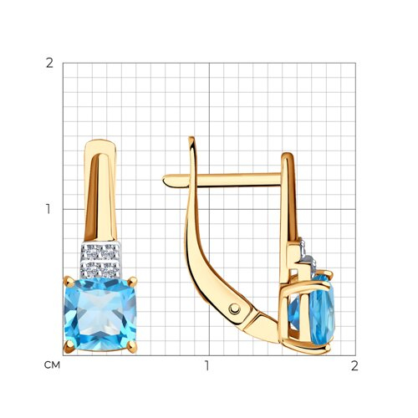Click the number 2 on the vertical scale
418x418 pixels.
49,64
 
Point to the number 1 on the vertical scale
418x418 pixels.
48,209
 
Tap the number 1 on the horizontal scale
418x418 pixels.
206,365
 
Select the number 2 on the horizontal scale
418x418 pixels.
354,365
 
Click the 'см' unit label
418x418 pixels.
52,365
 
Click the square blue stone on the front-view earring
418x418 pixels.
100,314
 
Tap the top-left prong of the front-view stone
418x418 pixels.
69,282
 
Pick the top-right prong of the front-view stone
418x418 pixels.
133,282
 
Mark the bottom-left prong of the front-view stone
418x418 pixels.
69,347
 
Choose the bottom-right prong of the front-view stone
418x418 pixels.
132,347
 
